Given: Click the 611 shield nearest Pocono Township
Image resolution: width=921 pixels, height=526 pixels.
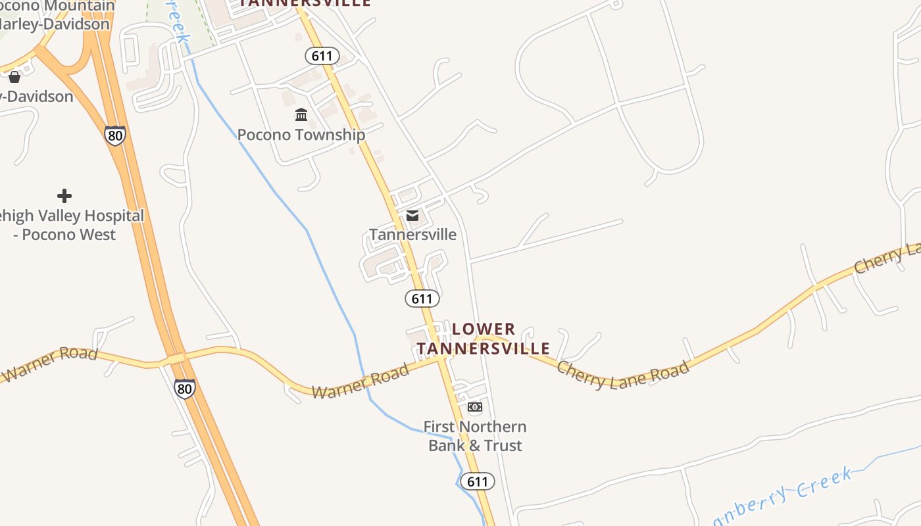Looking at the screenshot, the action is pos(322,56).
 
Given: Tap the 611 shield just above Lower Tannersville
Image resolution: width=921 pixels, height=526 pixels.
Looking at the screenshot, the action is pos(422,299).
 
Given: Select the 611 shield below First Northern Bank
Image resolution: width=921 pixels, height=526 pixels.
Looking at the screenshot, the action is pos(477,481).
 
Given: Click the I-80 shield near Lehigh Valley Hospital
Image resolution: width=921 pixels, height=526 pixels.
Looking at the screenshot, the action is pos(115,135).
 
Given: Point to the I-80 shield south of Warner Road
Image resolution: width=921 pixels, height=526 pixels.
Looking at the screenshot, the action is pos(185,389).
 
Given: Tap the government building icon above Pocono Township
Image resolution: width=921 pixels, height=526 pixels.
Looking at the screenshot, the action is pos(301,115).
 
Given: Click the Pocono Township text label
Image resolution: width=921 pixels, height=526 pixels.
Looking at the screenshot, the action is pos(301,135).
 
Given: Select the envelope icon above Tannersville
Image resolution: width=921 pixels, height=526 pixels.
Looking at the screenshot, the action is pos(412,216).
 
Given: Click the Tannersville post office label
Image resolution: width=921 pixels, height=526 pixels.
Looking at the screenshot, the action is pos(412,235).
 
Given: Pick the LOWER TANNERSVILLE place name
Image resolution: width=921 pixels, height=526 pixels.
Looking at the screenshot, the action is pos(484,339).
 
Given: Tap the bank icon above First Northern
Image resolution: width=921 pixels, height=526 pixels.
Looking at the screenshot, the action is pos(474,407).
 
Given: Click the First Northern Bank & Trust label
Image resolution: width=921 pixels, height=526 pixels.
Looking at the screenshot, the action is pos(475,436).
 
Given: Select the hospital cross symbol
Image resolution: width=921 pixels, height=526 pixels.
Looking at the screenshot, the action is pos(64,196).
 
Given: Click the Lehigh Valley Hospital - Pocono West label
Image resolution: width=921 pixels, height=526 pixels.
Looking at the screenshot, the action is pos(69,225).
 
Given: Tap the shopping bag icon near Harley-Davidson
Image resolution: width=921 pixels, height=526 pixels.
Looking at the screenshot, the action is pos(14,77).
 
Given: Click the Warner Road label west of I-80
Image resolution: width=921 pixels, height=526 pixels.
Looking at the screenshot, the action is pos(49,364).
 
